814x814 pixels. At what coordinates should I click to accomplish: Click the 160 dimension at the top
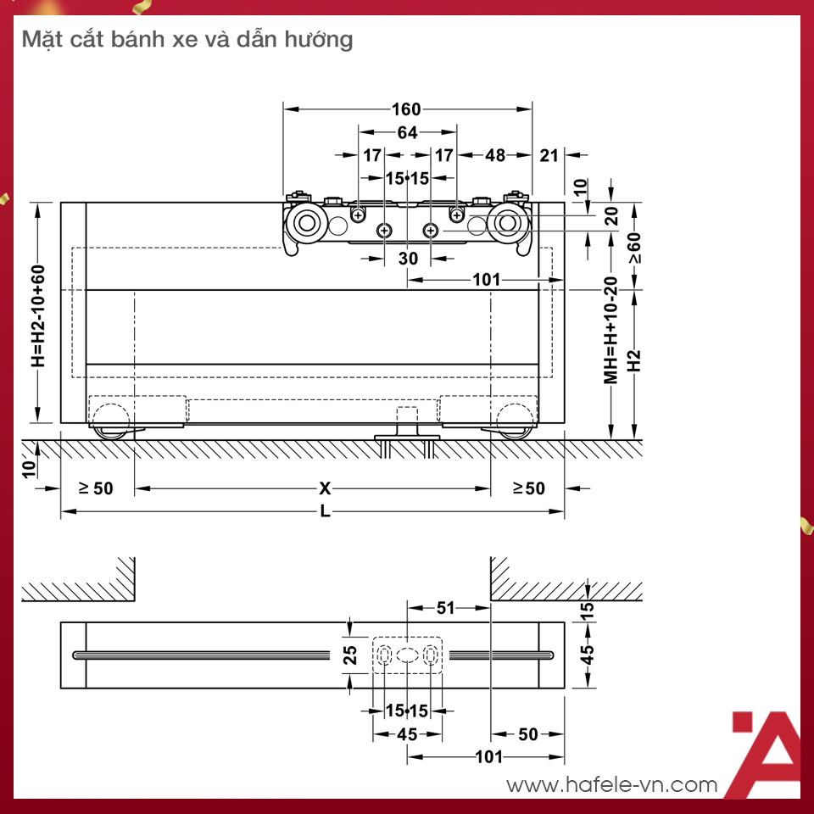click(407, 109)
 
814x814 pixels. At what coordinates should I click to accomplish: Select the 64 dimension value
click(407, 132)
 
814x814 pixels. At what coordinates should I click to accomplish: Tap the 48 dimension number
click(495, 155)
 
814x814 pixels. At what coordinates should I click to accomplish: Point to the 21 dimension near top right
click(549, 155)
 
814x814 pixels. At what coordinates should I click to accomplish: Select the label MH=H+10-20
click(610, 331)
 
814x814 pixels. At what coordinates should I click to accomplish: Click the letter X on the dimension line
click(325, 488)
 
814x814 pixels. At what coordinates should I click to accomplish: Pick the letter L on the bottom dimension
click(325, 512)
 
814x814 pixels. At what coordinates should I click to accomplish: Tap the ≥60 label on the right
click(635, 248)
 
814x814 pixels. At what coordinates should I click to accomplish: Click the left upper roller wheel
click(304, 224)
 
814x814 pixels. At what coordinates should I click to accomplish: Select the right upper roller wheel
click(509, 224)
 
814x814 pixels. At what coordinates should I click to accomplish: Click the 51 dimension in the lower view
click(446, 607)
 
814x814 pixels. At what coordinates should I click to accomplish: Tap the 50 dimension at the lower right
click(528, 734)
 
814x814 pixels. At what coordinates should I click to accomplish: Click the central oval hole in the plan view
click(407, 655)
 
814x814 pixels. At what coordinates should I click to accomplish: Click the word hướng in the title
click(322, 39)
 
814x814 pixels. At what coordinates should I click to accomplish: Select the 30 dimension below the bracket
click(408, 259)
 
